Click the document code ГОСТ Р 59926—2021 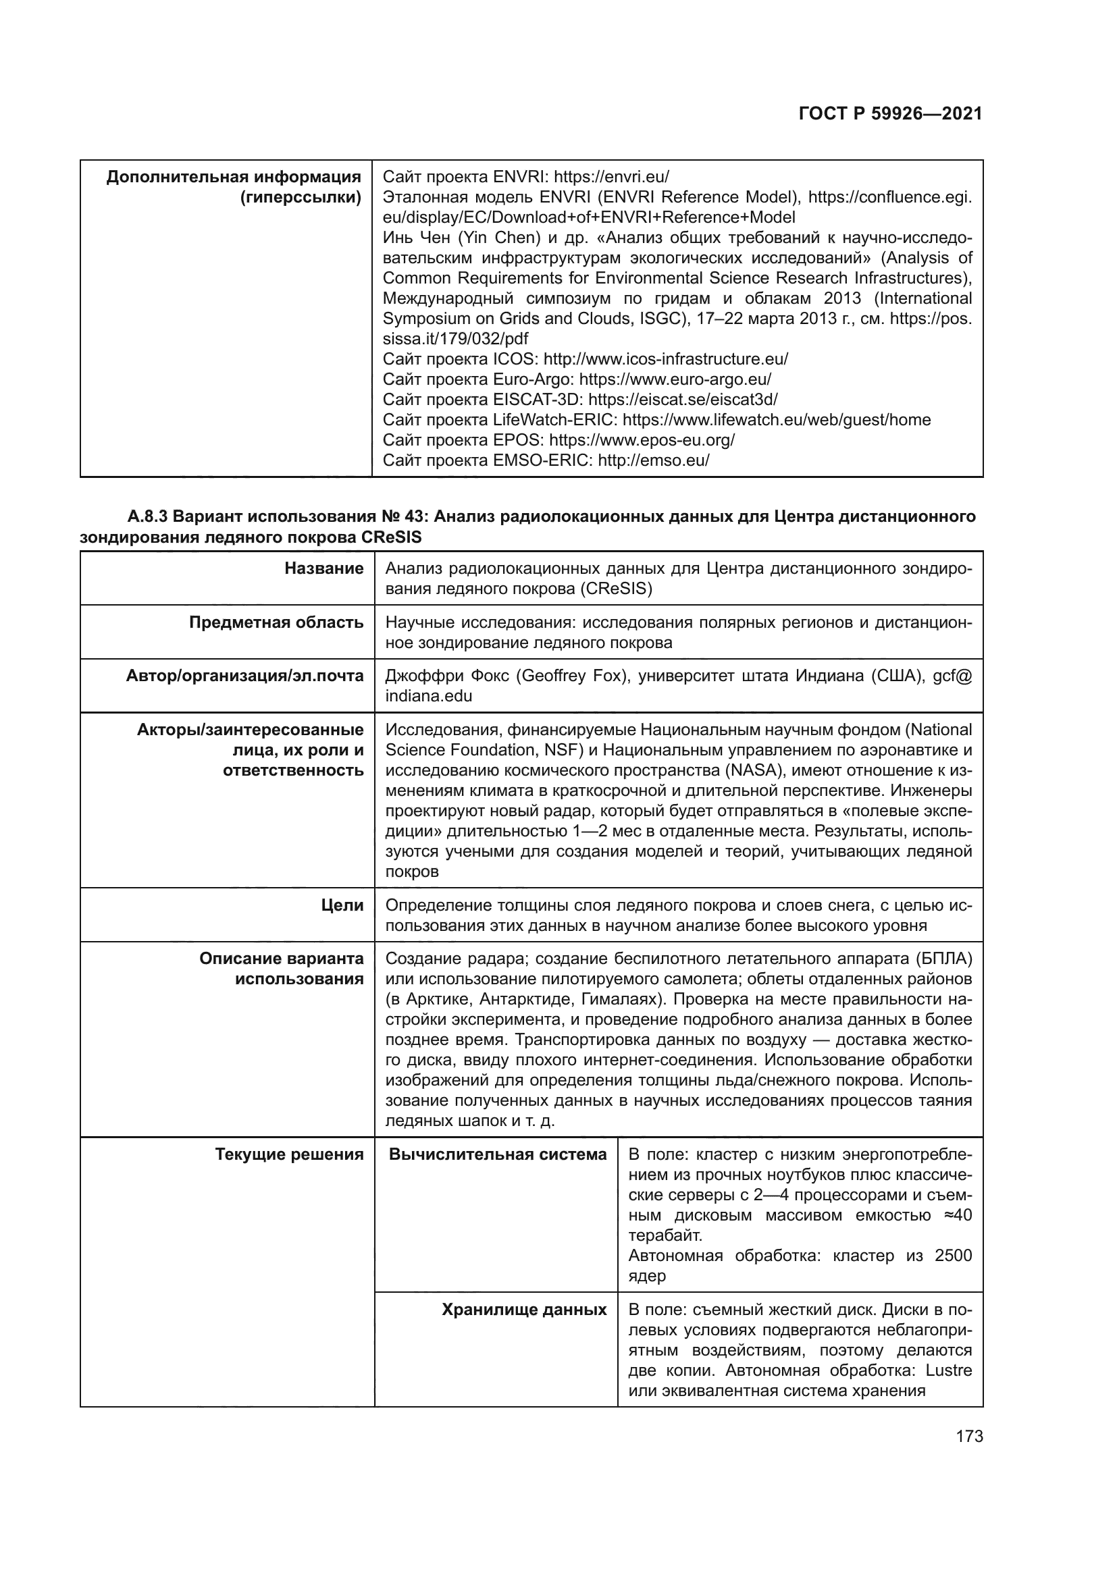[890, 114]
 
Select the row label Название [324, 568]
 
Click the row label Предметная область [276, 622]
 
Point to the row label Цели [342, 906]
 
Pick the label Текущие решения [289, 1154]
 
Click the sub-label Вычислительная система [498, 1154]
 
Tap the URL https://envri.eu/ [611, 177]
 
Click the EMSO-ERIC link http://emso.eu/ [654, 460]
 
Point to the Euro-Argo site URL [675, 379]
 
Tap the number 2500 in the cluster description [953, 1256]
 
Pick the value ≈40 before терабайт [958, 1215]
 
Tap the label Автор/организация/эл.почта [245, 676]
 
